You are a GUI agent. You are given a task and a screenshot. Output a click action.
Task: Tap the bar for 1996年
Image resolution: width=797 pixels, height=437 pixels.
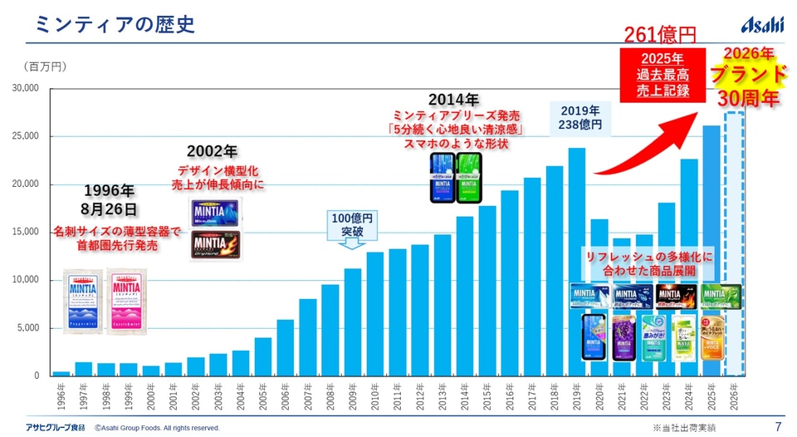(x=61, y=373)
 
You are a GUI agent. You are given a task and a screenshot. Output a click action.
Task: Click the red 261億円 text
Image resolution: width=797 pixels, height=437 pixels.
(x=660, y=35)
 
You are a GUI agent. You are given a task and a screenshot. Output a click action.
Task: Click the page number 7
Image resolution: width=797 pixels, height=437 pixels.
(x=778, y=427)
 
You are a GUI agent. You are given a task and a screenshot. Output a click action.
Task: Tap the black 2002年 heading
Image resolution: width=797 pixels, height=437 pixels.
(x=212, y=151)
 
